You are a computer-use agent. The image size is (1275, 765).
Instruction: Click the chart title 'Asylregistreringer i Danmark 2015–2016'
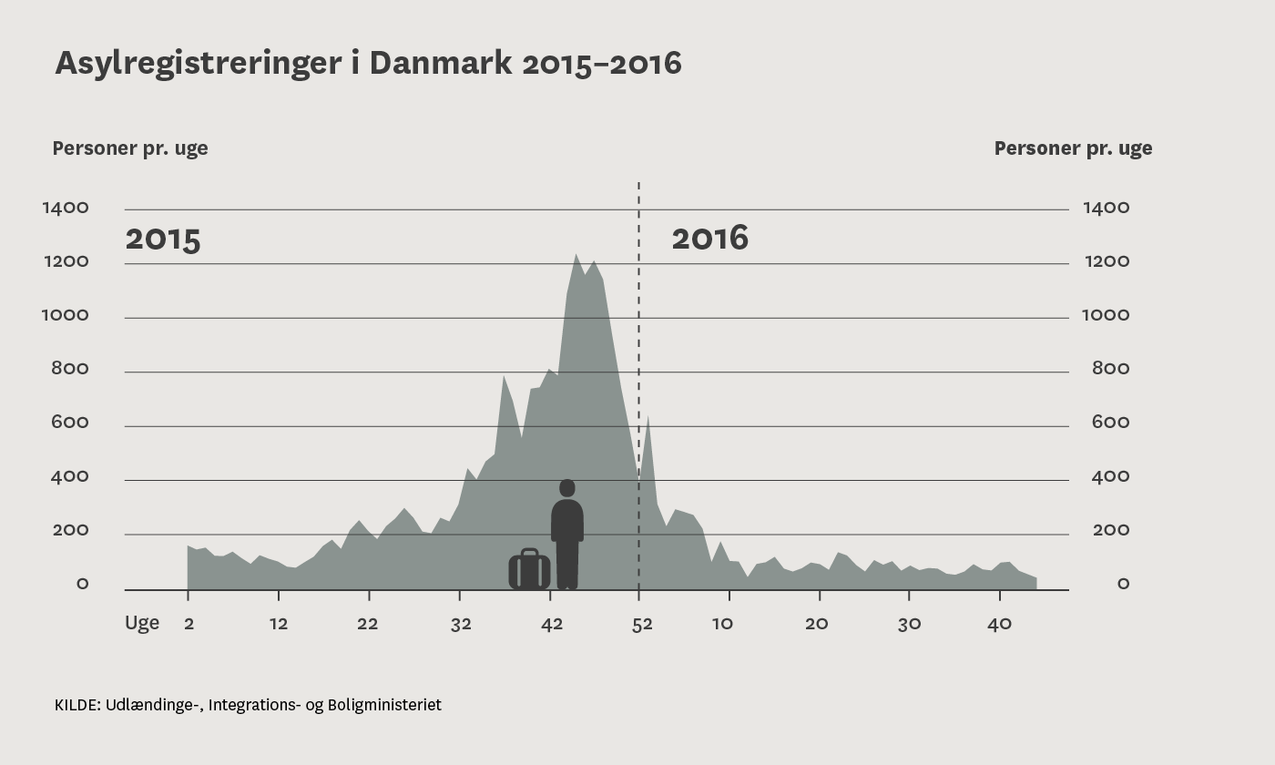[x=368, y=64]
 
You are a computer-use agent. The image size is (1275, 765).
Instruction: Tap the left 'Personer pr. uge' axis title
[x=130, y=148]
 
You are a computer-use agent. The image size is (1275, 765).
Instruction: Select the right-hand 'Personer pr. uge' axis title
[x=1073, y=148]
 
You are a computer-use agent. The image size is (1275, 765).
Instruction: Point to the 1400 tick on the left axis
[x=66, y=209]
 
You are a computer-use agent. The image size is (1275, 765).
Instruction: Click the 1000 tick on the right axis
[x=1105, y=316]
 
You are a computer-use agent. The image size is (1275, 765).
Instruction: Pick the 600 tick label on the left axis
[x=70, y=423]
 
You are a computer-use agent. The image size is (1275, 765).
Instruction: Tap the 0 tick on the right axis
[x=1123, y=585]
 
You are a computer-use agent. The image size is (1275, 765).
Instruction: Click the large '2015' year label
[x=162, y=240]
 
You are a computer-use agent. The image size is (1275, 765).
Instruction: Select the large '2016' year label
[x=709, y=239]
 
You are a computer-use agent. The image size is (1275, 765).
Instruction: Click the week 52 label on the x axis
[x=642, y=624]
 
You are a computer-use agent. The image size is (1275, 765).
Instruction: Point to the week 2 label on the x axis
[x=189, y=624]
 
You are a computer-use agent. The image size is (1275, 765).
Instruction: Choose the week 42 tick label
[x=552, y=624]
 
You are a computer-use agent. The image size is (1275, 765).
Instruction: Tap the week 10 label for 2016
[x=722, y=624]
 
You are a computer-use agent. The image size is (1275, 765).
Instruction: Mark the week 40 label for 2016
[x=1000, y=624]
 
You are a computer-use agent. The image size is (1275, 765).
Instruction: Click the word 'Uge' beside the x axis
[x=142, y=624]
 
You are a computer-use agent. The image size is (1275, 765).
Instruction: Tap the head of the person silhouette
[x=567, y=488]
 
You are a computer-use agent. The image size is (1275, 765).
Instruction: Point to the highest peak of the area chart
[x=576, y=255]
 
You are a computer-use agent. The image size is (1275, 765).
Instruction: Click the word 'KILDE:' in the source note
[x=77, y=705]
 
